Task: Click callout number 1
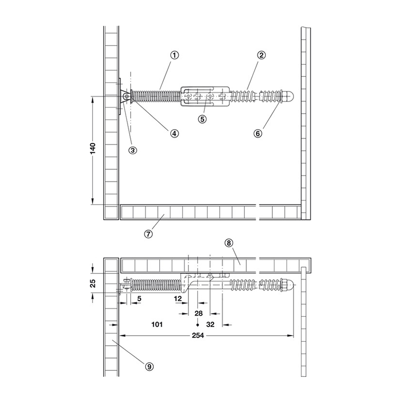174,55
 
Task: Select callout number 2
261,55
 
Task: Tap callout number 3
133,150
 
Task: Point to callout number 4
174,133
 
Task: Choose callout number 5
203,119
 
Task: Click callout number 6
258,133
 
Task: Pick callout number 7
148,234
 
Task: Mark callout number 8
229,243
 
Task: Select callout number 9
149,367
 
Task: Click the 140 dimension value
92,149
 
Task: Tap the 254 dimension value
198,335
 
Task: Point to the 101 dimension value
157,325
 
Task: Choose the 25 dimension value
92,283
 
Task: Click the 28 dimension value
198,313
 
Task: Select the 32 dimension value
210,325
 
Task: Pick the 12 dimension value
178,298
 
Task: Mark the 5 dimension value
139,298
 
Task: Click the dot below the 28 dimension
197,325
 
